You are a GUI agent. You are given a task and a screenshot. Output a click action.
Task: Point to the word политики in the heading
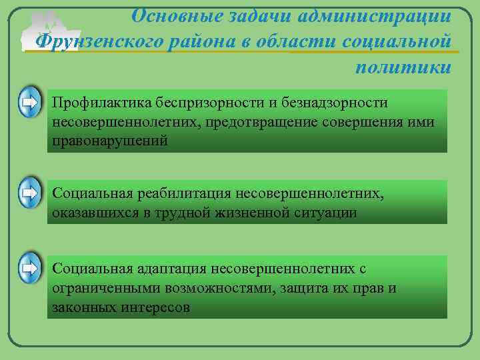[403, 67]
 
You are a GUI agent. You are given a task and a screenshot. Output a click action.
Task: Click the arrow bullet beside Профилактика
[29, 103]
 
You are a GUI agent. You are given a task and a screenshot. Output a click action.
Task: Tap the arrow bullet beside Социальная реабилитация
[29, 193]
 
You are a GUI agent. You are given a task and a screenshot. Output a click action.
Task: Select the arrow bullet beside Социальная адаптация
[29, 269]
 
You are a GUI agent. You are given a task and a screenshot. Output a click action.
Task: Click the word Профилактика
[101, 104]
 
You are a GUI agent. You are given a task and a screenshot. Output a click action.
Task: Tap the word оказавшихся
[95, 213]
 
